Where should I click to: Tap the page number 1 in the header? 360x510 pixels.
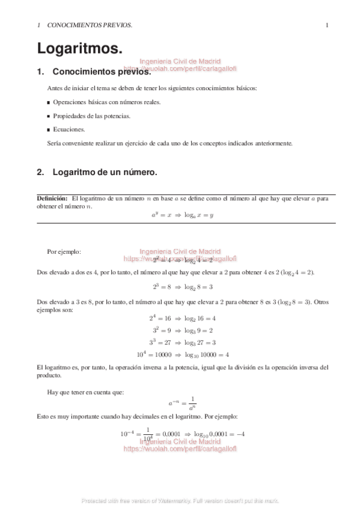click(x=326, y=25)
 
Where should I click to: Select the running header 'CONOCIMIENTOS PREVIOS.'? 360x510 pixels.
click(x=90, y=25)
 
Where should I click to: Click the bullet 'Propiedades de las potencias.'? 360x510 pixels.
click(x=91, y=115)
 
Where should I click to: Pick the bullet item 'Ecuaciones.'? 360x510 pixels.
click(x=69, y=129)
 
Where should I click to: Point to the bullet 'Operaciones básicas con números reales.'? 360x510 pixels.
click(x=106, y=102)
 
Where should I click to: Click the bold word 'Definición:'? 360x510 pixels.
click(x=51, y=198)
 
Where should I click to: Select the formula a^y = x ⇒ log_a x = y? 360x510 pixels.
click(x=182, y=215)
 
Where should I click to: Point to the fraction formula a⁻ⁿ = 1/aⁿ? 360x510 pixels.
click(x=182, y=403)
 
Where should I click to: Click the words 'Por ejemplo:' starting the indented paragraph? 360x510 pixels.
click(x=64, y=251)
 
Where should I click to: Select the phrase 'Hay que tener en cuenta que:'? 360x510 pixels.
click(x=85, y=392)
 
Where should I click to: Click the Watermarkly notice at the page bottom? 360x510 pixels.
click(x=180, y=500)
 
